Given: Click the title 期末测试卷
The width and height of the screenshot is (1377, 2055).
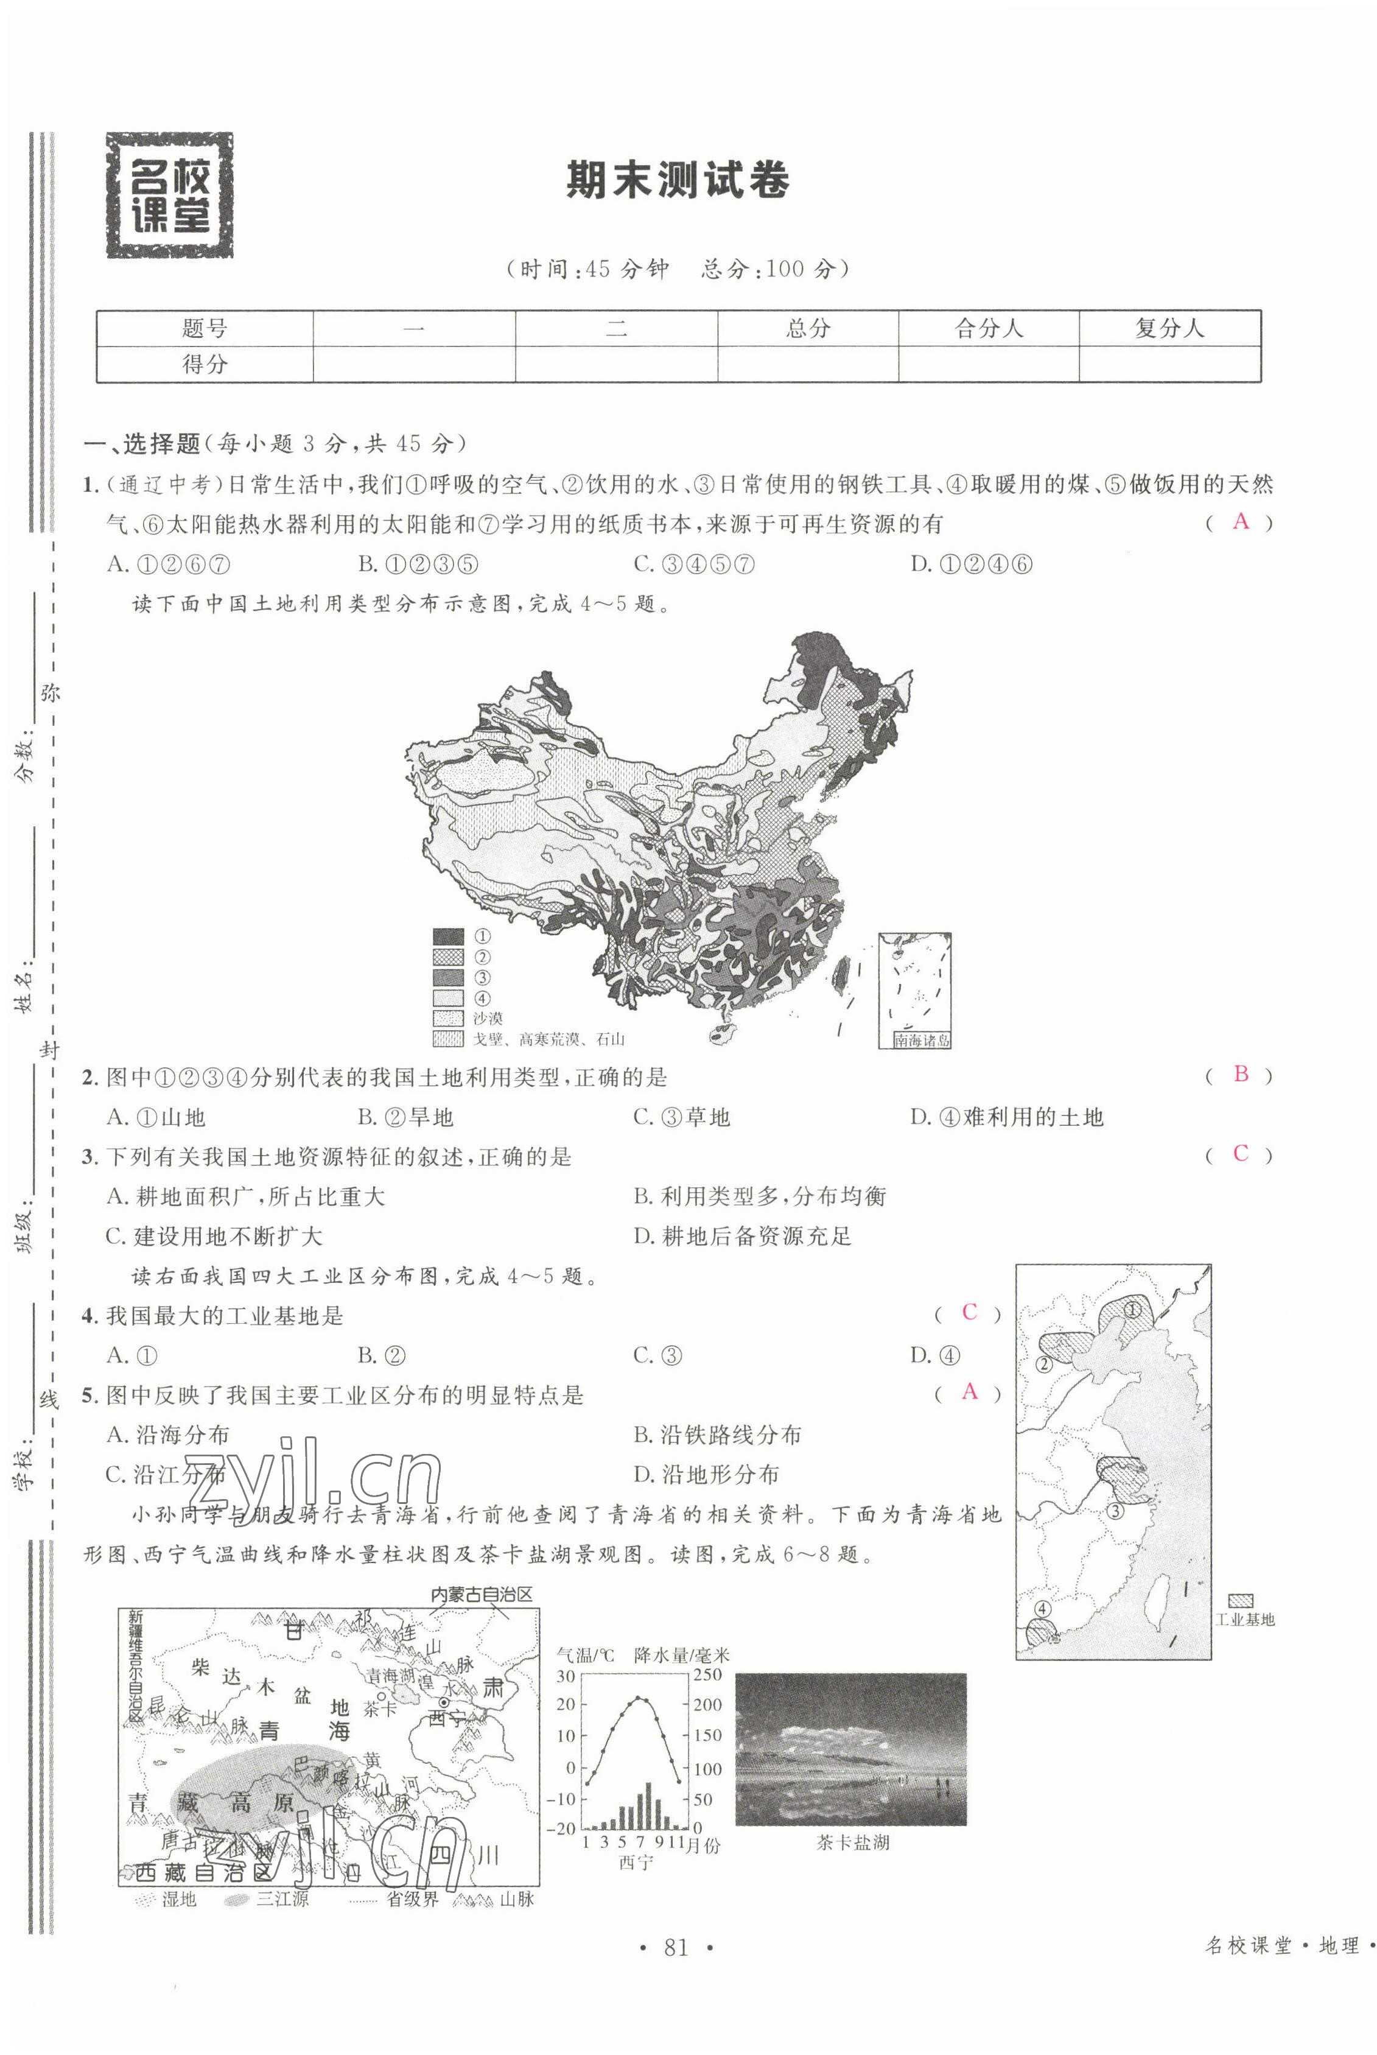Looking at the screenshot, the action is [x=677, y=181].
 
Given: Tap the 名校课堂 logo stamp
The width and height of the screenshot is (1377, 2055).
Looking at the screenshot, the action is [x=169, y=195].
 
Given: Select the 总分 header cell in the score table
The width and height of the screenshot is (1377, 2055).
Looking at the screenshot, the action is [x=807, y=328].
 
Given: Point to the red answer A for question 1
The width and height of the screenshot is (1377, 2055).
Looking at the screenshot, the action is [x=1240, y=522].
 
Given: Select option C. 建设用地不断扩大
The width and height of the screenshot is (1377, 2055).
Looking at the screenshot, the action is [x=214, y=1237].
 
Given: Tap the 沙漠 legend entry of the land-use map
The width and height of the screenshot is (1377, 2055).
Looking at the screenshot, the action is [x=488, y=1019].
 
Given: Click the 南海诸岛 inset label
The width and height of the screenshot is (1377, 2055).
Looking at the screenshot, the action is [x=921, y=1041].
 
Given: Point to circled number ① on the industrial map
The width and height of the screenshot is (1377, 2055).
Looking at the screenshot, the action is [x=1132, y=1310].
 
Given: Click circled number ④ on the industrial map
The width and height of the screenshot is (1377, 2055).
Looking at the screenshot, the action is [x=1042, y=1609].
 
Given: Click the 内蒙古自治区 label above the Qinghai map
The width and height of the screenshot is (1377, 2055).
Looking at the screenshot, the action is [x=482, y=1595].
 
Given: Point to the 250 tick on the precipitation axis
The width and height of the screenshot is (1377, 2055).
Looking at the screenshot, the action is [x=707, y=1674].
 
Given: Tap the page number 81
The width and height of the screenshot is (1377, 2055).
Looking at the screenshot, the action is [x=675, y=1948].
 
